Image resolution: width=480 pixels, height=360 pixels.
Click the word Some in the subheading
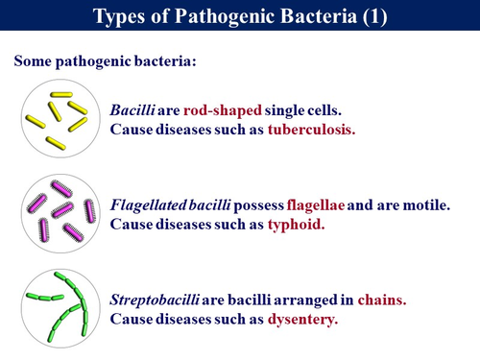(34, 61)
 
